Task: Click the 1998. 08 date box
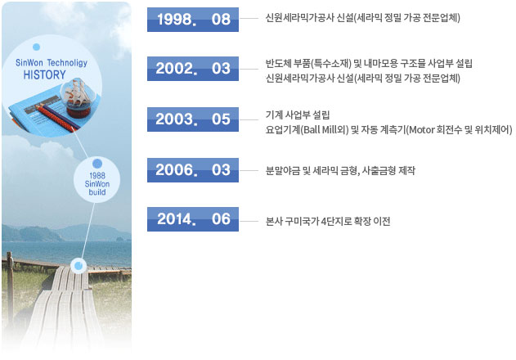click(193, 20)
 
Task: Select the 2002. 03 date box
click(193, 69)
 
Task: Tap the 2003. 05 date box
click(193, 119)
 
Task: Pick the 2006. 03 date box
click(193, 170)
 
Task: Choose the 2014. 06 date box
click(193, 219)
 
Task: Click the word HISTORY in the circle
click(44, 74)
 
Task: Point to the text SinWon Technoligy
click(52, 62)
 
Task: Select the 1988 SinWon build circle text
click(97, 184)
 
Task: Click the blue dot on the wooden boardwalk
click(79, 265)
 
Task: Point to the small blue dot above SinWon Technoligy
click(37, 47)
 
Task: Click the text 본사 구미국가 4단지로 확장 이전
click(328, 221)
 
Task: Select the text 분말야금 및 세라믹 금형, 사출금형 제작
click(340, 171)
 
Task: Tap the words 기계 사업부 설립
click(298, 115)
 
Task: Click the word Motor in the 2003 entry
click(422, 130)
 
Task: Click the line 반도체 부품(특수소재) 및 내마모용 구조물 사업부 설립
click(369, 63)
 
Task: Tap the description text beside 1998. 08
click(362, 17)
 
